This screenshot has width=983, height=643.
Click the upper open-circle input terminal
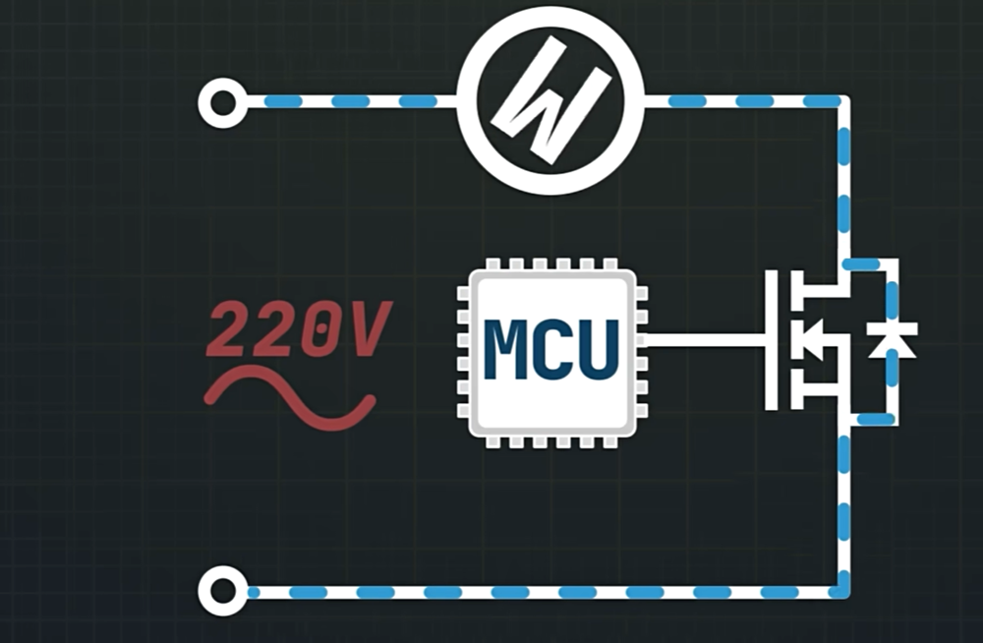(222, 101)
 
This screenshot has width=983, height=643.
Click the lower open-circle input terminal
(222, 592)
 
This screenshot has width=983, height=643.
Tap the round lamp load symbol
(549, 100)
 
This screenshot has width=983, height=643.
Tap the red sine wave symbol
(290, 398)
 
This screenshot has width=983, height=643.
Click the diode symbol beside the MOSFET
(893, 341)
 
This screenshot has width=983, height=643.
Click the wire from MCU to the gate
(703, 341)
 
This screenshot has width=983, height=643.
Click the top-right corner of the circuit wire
(842, 101)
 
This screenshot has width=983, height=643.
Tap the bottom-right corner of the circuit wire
(842, 592)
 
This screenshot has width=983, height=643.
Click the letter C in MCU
(551, 349)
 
